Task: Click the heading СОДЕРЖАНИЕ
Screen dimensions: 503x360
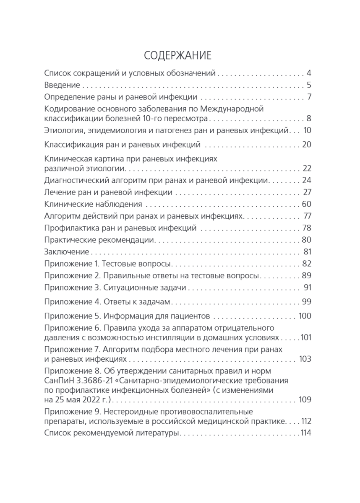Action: [177, 56]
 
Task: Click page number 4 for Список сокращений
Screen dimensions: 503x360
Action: [309, 73]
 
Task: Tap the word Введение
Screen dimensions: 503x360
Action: [62, 85]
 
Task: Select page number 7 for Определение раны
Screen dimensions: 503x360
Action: [309, 97]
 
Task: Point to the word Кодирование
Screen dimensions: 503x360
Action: [67, 109]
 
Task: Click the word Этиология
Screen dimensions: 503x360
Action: [64, 130]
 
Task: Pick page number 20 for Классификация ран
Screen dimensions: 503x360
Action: [306, 145]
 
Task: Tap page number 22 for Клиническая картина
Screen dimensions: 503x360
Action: [306, 169]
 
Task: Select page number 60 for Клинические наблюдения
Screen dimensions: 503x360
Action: [306, 205]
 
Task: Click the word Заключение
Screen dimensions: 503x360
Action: [66, 252]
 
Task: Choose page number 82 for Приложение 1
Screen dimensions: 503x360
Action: [306, 264]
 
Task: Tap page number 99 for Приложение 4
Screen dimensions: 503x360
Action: [306, 302]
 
